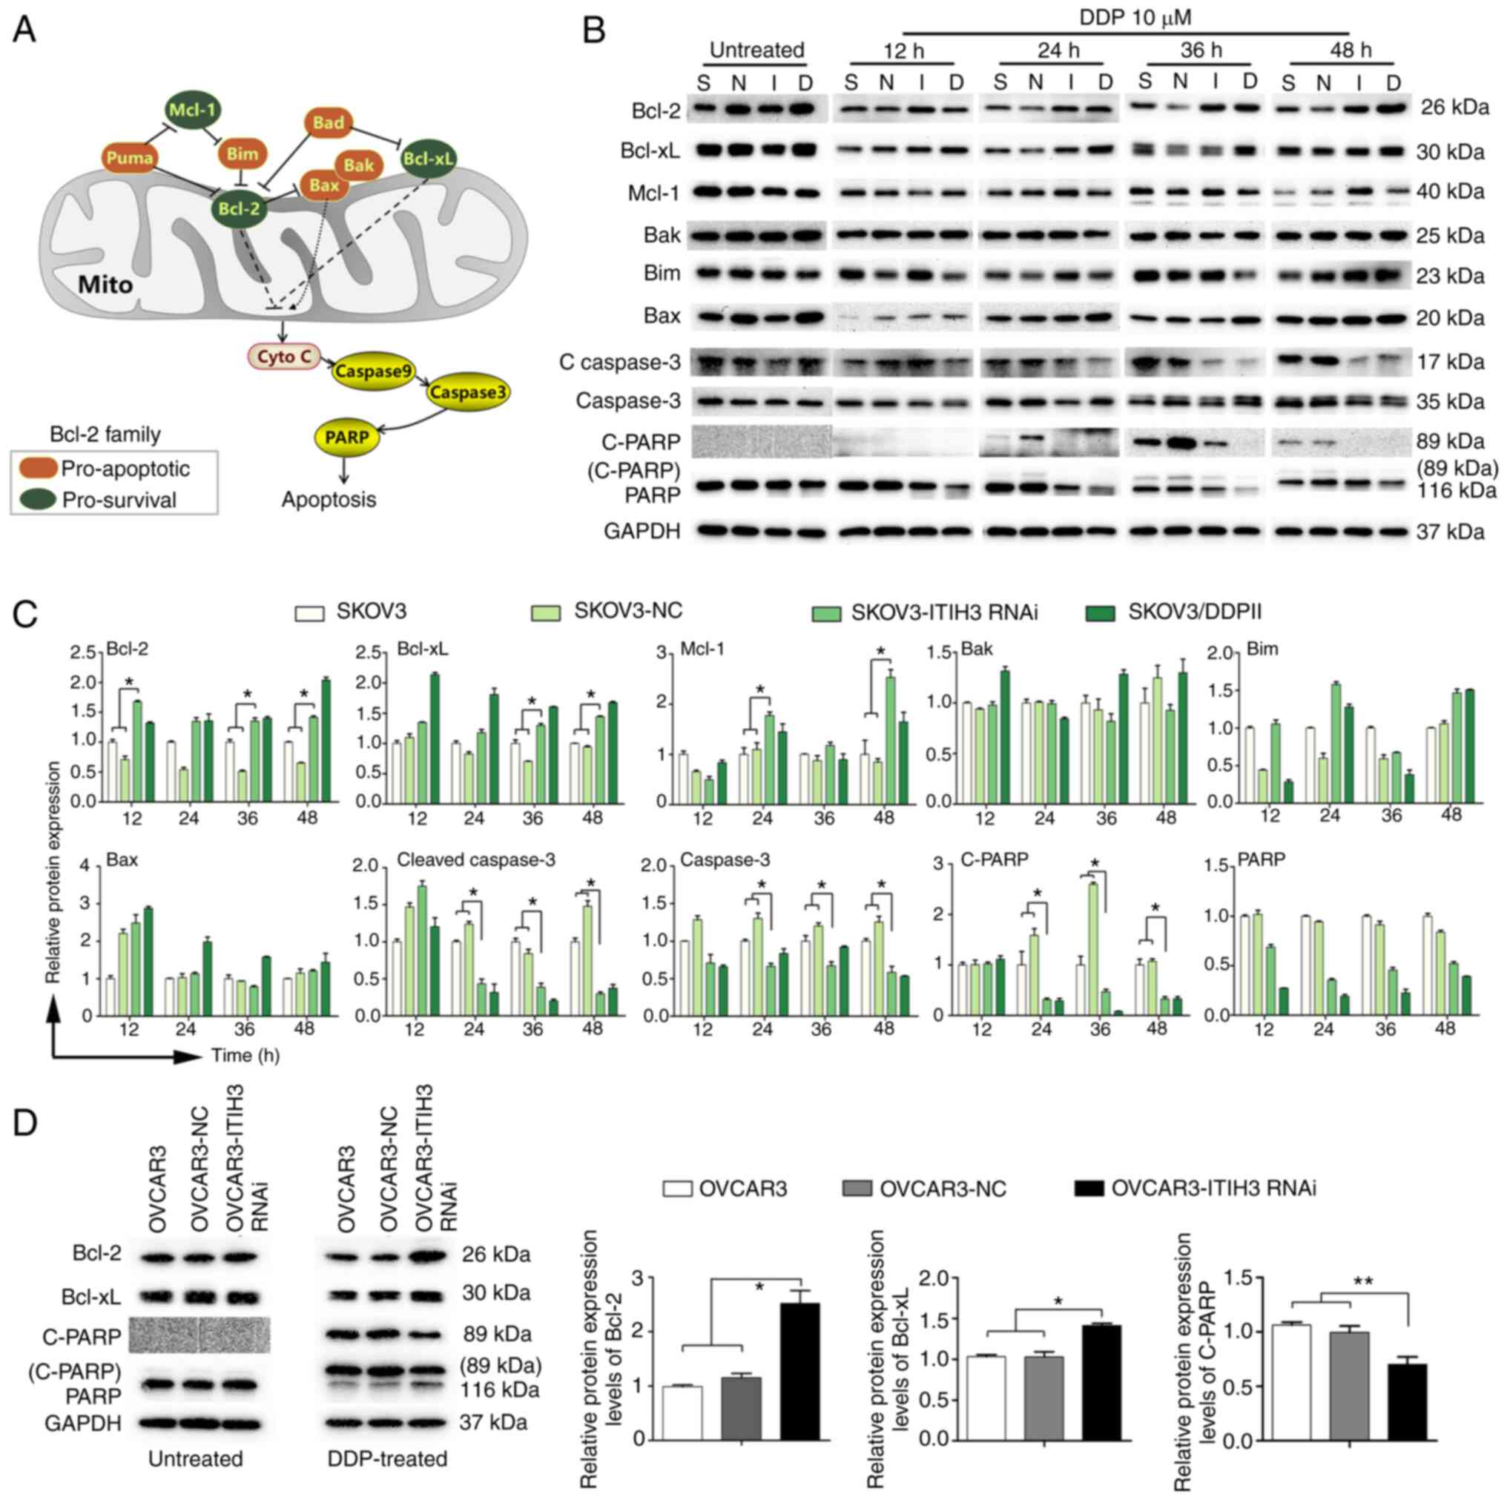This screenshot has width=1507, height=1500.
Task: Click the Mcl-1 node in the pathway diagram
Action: coord(192,110)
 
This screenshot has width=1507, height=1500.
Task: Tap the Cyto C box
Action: coord(284,357)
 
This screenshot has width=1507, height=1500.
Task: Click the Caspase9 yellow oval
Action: coord(375,371)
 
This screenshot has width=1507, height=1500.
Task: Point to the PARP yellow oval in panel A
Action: coord(346,437)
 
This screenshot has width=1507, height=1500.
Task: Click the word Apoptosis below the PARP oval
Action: coord(329,499)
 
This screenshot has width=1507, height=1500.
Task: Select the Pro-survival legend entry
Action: coord(119,500)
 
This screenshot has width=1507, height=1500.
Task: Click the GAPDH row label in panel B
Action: coord(642,532)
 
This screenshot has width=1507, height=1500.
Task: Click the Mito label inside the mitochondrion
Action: coord(105,285)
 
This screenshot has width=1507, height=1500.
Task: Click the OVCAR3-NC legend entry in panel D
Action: coord(941,1189)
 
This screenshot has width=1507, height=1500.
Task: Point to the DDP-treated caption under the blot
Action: coord(388,1458)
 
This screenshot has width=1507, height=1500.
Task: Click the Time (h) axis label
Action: coord(245,1055)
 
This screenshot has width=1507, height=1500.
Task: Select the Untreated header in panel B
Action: coord(756,50)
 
